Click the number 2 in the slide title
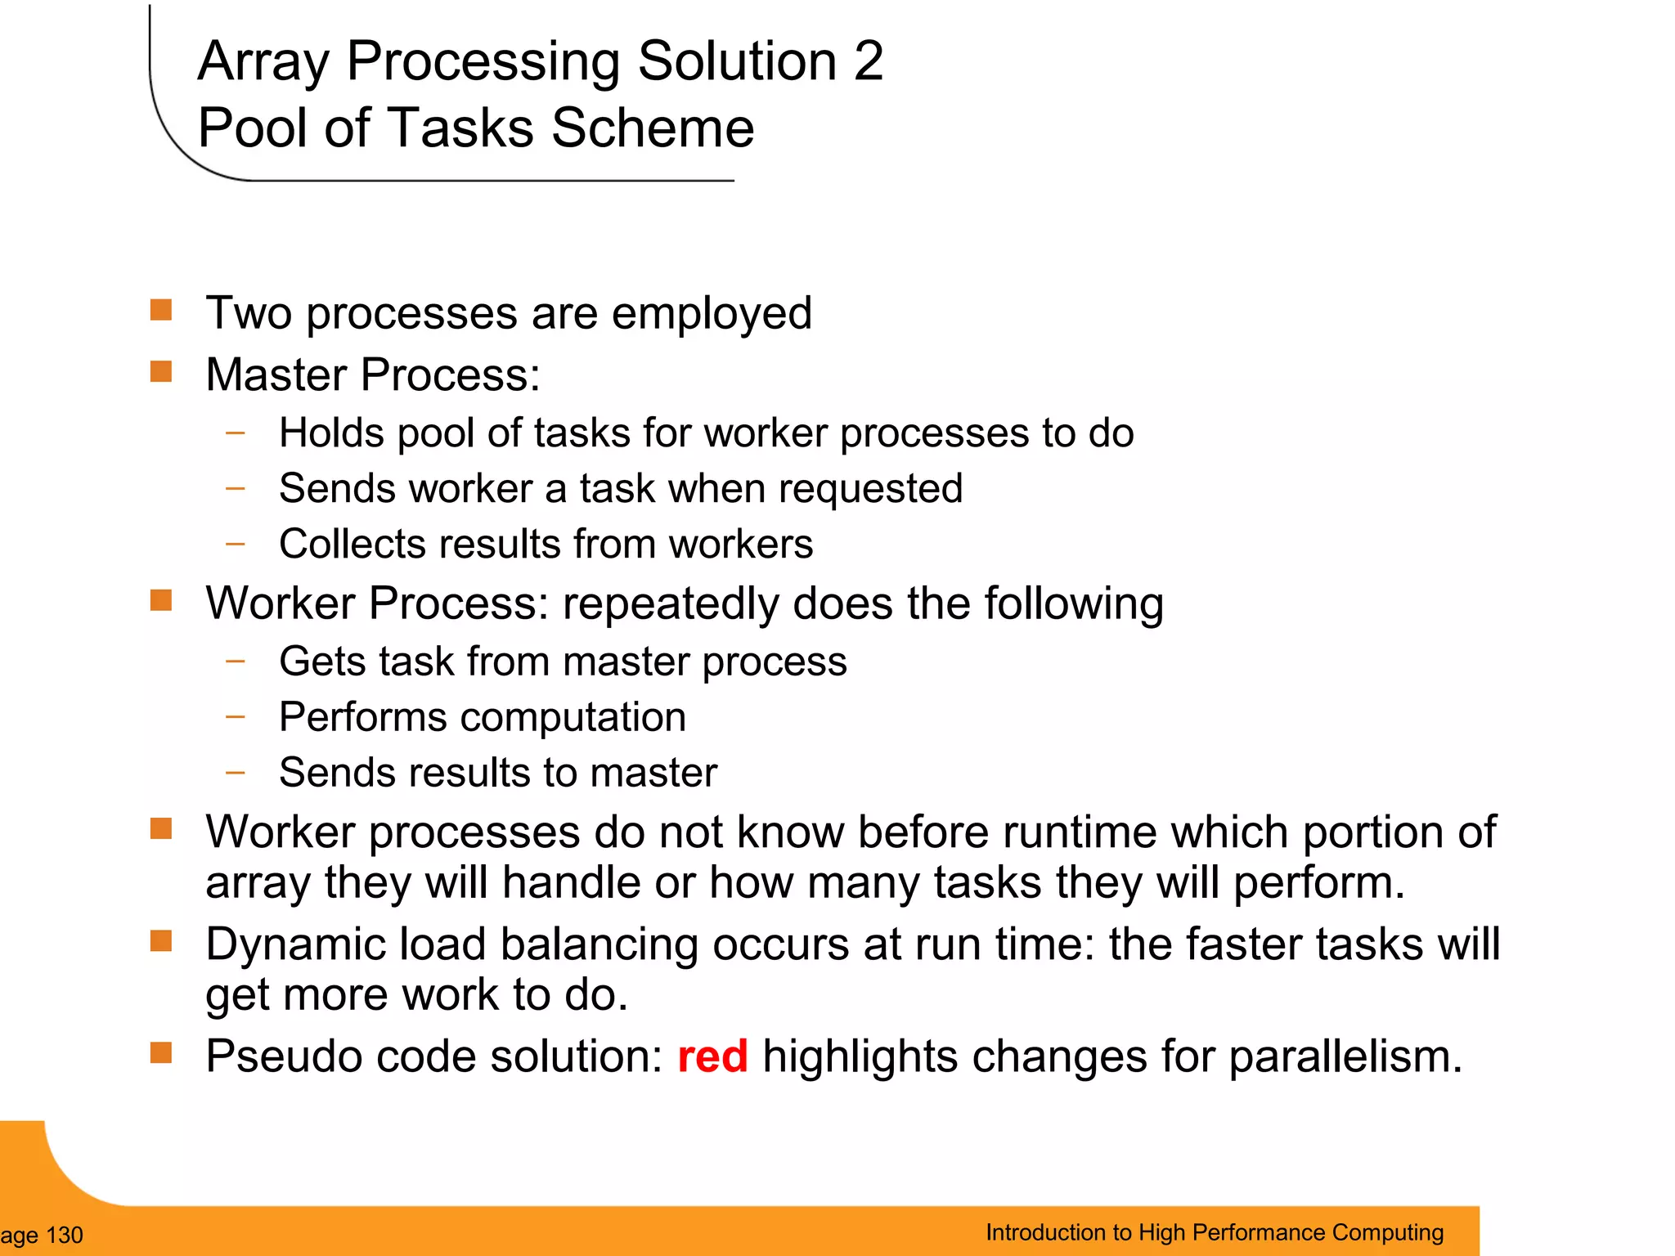[868, 61]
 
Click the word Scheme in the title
[652, 128]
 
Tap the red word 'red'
[712, 1056]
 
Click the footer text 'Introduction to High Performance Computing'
[1214, 1232]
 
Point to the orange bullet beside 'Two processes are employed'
[161, 310]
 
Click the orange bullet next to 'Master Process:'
[161, 372]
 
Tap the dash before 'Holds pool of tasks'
[236, 433]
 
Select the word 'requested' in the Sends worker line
[870, 489]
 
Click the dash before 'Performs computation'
[236, 717]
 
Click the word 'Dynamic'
[294, 944]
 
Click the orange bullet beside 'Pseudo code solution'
[161, 1052]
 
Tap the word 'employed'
[712, 314]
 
